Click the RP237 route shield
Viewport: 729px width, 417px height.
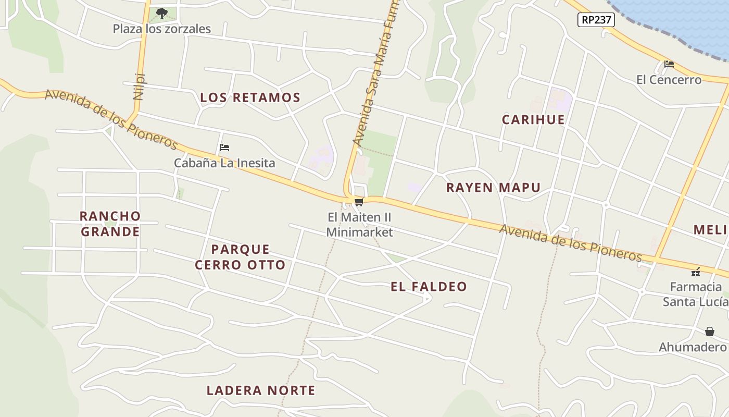pos(596,20)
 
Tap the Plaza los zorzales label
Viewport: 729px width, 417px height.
pos(162,29)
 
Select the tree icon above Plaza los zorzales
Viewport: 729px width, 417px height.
pos(162,13)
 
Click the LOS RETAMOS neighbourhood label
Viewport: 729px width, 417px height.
pos(250,97)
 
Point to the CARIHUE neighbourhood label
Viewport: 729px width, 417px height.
pos(533,119)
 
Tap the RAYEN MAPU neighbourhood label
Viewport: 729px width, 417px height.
pos(493,188)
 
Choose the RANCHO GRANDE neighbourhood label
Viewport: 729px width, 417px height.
pos(110,224)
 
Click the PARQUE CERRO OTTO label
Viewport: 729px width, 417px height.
pos(240,257)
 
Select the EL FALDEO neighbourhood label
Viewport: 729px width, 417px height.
pos(429,287)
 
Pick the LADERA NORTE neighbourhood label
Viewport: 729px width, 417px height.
pos(261,390)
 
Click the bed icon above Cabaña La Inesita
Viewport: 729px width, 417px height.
pos(224,148)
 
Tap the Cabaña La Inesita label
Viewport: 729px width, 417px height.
pos(224,163)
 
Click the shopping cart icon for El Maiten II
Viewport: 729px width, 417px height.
pos(358,202)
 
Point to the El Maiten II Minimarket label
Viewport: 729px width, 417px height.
pos(359,225)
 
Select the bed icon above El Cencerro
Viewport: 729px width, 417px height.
pos(669,65)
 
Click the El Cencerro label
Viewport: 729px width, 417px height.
pos(669,80)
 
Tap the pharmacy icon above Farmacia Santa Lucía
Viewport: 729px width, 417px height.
pos(695,272)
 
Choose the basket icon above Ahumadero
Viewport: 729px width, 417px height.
pos(709,332)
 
